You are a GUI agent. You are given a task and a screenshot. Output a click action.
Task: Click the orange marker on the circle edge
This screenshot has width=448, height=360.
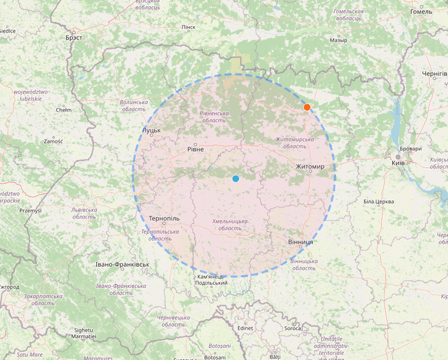click(x=307, y=107)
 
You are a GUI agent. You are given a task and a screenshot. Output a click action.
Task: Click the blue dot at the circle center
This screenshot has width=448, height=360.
click(x=236, y=178)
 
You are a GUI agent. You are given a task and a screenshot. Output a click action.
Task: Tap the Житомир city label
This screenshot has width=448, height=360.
click(x=310, y=166)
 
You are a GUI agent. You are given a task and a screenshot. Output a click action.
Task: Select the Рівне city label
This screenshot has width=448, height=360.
click(x=196, y=149)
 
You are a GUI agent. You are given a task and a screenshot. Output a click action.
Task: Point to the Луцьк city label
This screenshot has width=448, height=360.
click(x=151, y=130)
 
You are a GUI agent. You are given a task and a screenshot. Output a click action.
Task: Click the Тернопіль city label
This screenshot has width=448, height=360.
click(x=164, y=218)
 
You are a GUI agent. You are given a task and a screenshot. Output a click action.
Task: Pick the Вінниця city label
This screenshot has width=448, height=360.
click(x=300, y=242)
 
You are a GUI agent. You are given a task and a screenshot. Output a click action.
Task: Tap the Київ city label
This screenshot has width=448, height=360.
click(x=398, y=163)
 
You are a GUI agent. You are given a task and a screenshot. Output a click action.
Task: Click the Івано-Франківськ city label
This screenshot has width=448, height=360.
click(x=122, y=265)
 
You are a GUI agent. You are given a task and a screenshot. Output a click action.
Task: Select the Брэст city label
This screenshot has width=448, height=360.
click(x=74, y=38)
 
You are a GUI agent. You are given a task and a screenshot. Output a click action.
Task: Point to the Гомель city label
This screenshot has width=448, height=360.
click(x=421, y=11)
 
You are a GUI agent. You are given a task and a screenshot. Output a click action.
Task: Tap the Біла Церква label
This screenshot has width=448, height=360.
click(x=379, y=201)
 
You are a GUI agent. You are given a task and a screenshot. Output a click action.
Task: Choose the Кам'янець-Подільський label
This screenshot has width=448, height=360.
click(x=212, y=280)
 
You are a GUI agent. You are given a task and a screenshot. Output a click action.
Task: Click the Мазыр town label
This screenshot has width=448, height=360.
click(x=338, y=41)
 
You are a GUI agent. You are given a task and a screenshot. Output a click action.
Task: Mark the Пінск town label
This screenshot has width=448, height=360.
click(x=189, y=27)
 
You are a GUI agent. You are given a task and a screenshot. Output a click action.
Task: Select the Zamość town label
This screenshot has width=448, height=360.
click(x=53, y=141)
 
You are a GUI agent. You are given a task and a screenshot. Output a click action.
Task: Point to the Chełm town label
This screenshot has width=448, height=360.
click(x=64, y=110)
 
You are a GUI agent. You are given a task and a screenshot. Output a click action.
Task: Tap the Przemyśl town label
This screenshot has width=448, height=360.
click(x=30, y=210)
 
